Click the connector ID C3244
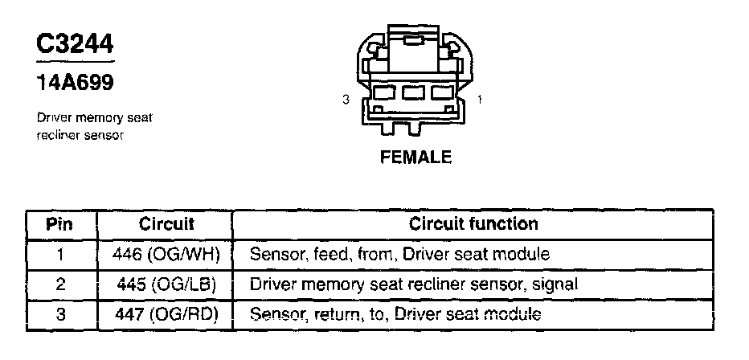pyautogui.click(x=75, y=43)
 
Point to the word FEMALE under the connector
pyautogui.click(x=415, y=157)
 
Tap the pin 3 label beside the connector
pyautogui.click(x=345, y=100)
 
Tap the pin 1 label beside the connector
pyautogui.click(x=480, y=100)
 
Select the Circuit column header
pyautogui.click(x=166, y=223)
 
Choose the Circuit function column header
pyautogui.click(x=473, y=223)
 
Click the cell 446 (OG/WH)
pyautogui.click(x=166, y=255)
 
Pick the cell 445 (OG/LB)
pyautogui.click(x=166, y=284)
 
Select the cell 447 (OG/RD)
pyautogui.click(x=166, y=314)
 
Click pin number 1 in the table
pyautogui.click(x=60, y=255)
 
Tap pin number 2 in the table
pyautogui.click(x=60, y=284)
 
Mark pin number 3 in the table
pyautogui.click(x=60, y=314)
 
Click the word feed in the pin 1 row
pyautogui.click(x=321, y=255)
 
